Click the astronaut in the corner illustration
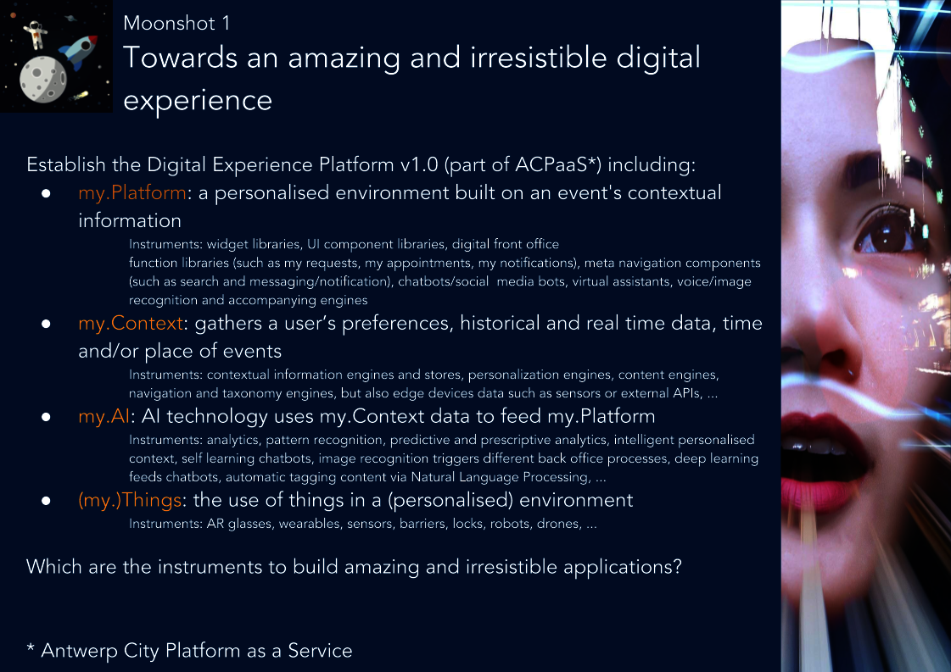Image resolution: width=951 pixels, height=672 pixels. [35, 34]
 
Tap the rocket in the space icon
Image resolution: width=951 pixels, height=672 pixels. [78, 52]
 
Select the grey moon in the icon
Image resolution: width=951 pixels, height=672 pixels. [43, 80]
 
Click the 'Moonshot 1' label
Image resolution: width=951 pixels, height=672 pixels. [176, 23]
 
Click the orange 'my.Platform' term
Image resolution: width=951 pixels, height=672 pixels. [132, 192]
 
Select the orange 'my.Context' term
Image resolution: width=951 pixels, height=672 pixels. [131, 323]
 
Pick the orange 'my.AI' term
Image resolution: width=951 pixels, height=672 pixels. [104, 416]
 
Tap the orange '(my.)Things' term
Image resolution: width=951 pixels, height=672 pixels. [130, 501]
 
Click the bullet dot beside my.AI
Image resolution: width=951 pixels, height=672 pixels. [46, 417]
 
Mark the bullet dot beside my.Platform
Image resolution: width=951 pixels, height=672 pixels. [46, 193]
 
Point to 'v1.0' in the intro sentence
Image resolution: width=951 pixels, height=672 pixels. [419, 164]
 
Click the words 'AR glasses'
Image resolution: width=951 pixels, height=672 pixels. [239, 525]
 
